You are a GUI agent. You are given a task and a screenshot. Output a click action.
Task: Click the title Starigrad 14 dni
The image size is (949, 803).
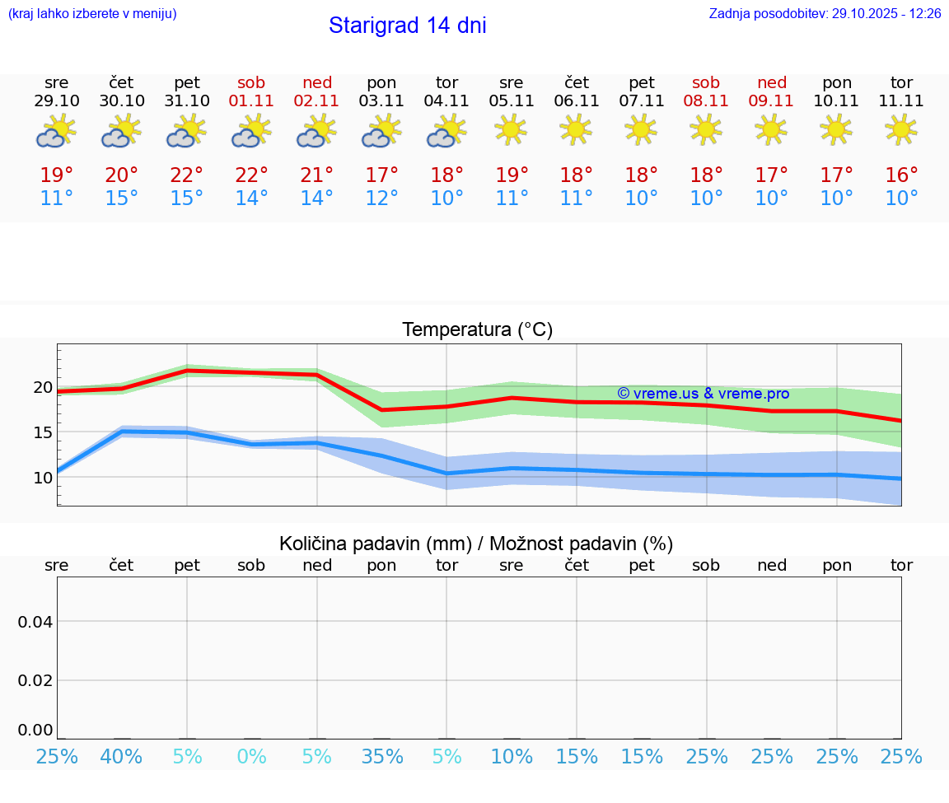coord(407,26)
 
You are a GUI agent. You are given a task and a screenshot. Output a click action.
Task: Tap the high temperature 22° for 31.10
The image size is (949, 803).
coord(187,175)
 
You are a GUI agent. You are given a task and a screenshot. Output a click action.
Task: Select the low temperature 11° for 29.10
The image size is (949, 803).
coord(57,198)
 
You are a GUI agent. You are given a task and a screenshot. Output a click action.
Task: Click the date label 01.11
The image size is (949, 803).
coord(252,101)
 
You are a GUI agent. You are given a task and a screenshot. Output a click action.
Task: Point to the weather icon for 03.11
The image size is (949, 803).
coord(381,131)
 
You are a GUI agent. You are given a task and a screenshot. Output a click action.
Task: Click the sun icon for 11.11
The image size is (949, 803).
coord(901,129)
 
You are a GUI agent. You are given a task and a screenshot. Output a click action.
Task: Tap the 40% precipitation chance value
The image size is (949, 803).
coord(121,756)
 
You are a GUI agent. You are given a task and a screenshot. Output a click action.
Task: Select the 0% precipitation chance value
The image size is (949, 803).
coord(252,756)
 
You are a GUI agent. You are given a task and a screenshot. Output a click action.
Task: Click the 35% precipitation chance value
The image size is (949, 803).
coord(381,756)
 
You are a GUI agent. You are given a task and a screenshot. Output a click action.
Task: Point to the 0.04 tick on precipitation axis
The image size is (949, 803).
coord(35,622)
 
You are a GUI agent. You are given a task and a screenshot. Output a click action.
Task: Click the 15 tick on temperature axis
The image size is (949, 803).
coord(43,432)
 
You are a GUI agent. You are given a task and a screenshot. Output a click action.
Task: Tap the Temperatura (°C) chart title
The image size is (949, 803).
coord(477,330)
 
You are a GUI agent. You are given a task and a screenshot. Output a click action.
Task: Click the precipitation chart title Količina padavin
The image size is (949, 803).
coord(476,544)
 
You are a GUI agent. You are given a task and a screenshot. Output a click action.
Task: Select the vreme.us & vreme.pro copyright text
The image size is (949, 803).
coord(703,394)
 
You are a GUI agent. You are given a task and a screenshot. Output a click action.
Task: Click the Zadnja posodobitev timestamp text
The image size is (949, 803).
coord(825,14)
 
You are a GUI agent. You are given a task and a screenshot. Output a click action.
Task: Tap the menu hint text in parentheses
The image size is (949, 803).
coord(92,14)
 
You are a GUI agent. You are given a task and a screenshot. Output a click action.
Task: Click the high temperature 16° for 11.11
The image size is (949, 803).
coord(901,175)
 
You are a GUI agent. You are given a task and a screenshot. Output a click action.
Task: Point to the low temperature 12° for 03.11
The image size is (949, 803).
coord(381,198)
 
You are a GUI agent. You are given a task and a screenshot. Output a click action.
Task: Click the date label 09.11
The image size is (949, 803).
coord(771,101)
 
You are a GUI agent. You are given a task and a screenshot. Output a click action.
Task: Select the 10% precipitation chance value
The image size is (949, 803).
coord(512,756)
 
